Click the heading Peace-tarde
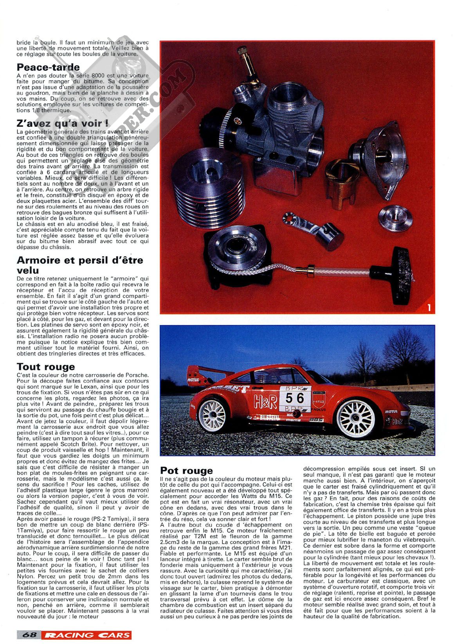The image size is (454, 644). click(48, 67)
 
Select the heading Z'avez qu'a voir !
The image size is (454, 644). click(63, 124)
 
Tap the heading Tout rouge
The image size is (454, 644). click(46, 367)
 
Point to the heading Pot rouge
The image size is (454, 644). click(187, 471)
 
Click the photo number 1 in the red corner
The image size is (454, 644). click(429, 308)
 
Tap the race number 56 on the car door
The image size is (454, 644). click(295, 398)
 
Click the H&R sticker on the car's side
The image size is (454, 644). click(265, 401)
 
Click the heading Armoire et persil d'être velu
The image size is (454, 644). click(80, 265)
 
